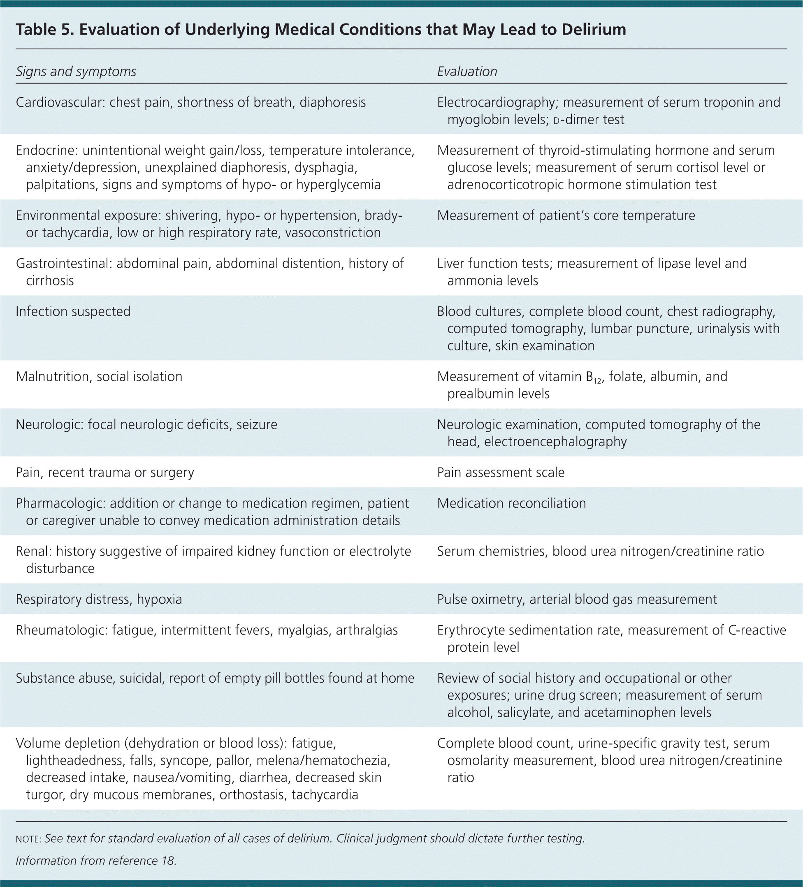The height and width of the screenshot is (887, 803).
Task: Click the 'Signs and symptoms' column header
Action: pos(76,71)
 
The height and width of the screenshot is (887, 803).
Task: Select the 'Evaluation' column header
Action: pos(466,71)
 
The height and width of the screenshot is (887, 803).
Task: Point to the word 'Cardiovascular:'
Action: pos(60,102)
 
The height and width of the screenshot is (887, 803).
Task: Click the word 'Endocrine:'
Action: pos(46,151)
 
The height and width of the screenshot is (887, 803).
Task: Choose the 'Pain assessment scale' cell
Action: pos(501,472)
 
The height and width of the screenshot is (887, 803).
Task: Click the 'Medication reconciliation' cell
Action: pos(511,503)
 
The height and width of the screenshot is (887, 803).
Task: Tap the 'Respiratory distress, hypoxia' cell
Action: pos(99,599)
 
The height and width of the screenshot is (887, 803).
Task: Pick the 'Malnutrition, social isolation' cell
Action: pos(99,377)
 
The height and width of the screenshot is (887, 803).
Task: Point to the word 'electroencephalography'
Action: pos(555,441)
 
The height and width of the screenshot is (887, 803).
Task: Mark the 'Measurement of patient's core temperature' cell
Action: pos(566,215)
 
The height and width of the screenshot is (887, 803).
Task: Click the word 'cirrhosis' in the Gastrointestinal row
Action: pos(50,280)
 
